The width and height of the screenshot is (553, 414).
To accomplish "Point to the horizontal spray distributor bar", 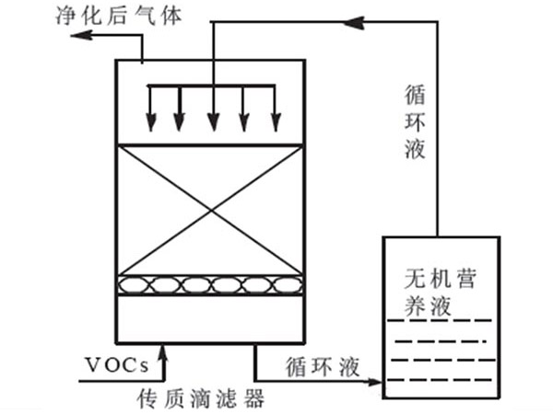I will [213, 87].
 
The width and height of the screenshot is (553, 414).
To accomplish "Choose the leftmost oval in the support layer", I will [135, 285].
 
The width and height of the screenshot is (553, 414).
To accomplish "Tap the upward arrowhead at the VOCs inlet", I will [163, 349].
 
